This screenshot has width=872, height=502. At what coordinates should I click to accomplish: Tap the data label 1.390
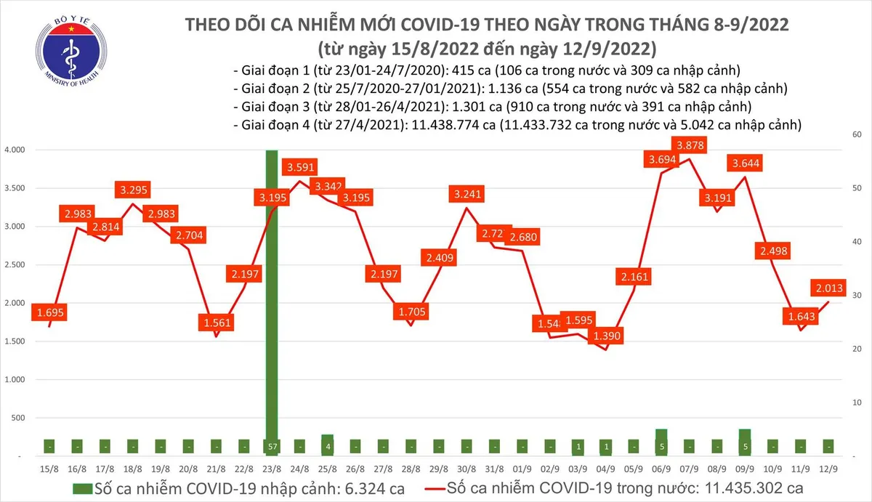pyautogui.click(x=605, y=336)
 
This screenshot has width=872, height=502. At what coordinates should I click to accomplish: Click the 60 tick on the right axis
pyautogui.click(x=857, y=135)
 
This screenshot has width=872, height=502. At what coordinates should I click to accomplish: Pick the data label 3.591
pyautogui.click(x=300, y=168)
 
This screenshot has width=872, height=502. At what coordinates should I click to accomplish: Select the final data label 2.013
pyautogui.click(x=828, y=288)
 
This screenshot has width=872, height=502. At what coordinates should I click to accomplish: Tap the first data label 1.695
pyautogui.click(x=49, y=312)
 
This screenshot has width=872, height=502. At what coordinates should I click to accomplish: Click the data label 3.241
pyautogui.click(x=467, y=194)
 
